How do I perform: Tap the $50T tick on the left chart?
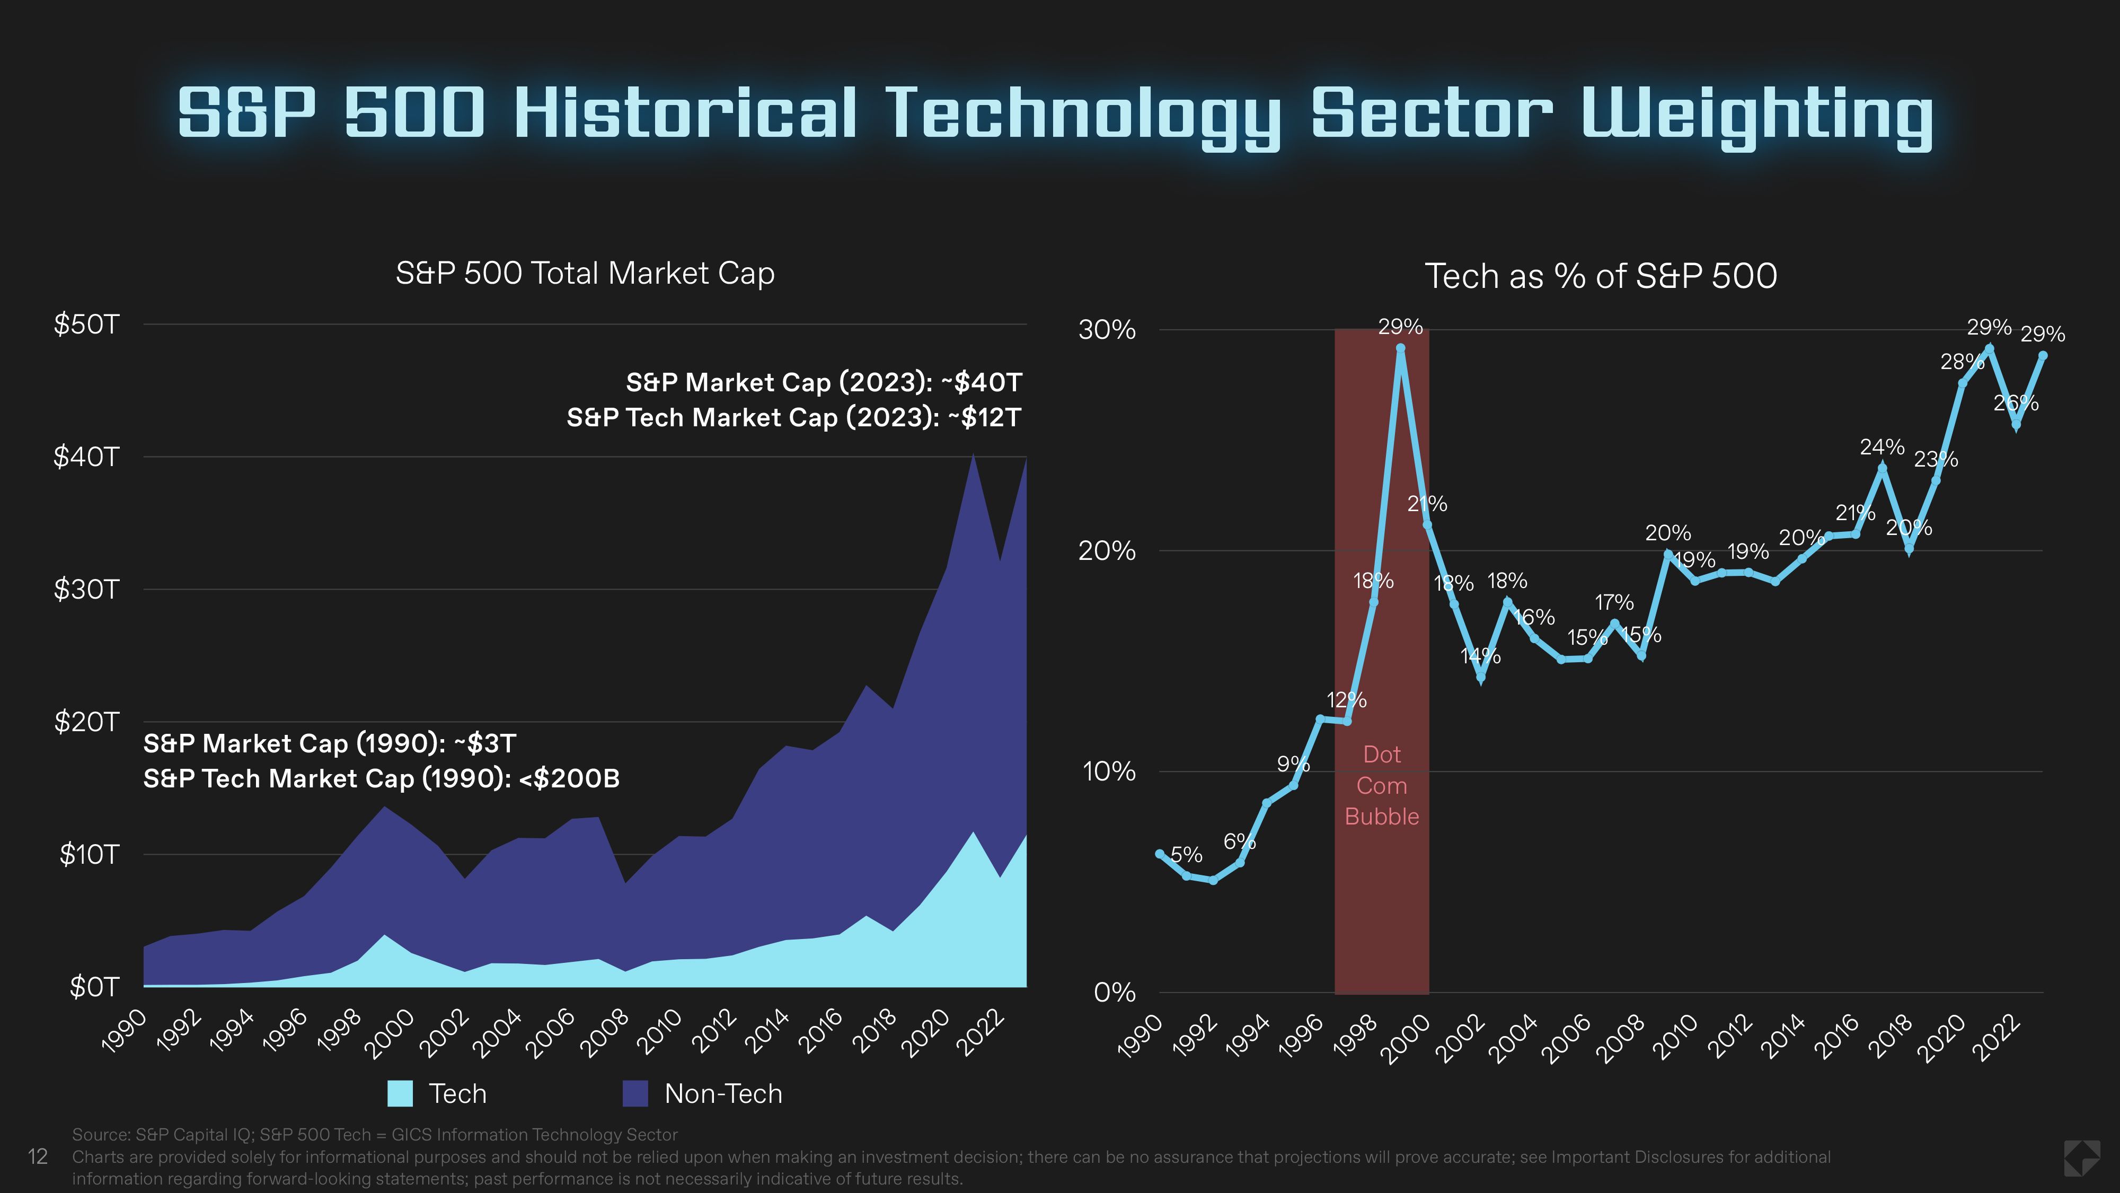[86, 324]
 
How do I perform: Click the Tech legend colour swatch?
[400, 1093]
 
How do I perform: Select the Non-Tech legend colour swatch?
[635, 1093]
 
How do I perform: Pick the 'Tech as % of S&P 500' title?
[1600, 276]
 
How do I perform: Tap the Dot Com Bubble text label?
[1381, 785]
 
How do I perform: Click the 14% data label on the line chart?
[1480, 656]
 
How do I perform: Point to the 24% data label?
[1881, 447]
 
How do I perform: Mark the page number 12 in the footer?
[38, 1157]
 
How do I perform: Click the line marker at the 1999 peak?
[1400, 348]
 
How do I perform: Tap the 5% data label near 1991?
[1186, 855]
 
